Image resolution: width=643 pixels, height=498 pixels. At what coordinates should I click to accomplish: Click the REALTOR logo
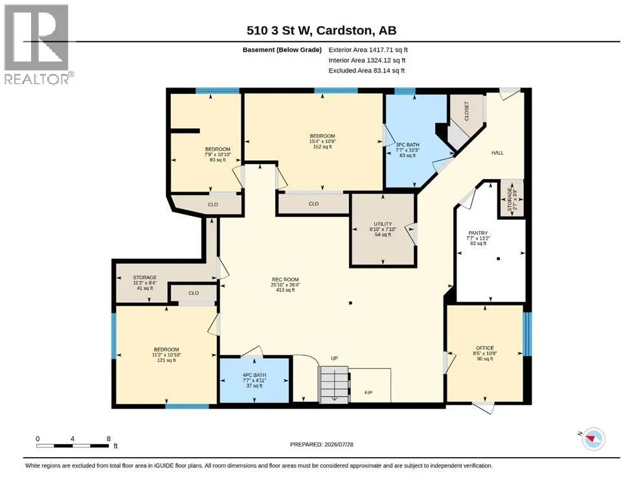click(38, 44)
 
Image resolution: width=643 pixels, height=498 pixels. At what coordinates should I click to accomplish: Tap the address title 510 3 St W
click(280, 30)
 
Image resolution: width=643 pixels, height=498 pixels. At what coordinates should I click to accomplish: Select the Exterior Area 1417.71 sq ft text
click(368, 50)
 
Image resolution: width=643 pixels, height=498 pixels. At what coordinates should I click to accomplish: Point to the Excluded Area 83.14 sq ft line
click(367, 70)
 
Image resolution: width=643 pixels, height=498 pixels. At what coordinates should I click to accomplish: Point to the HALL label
click(497, 153)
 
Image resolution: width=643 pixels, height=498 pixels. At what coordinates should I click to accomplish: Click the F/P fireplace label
click(368, 393)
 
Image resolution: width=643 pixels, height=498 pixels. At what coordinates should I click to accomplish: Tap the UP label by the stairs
click(334, 359)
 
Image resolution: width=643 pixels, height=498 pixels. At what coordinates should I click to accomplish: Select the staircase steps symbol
click(334, 385)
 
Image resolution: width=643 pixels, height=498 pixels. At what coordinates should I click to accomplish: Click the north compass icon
click(592, 438)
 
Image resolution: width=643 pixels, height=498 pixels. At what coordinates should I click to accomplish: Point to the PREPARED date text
click(321, 444)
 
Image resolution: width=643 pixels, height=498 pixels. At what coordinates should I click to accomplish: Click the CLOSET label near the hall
click(467, 111)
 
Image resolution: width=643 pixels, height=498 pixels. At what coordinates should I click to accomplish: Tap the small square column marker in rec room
click(350, 303)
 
